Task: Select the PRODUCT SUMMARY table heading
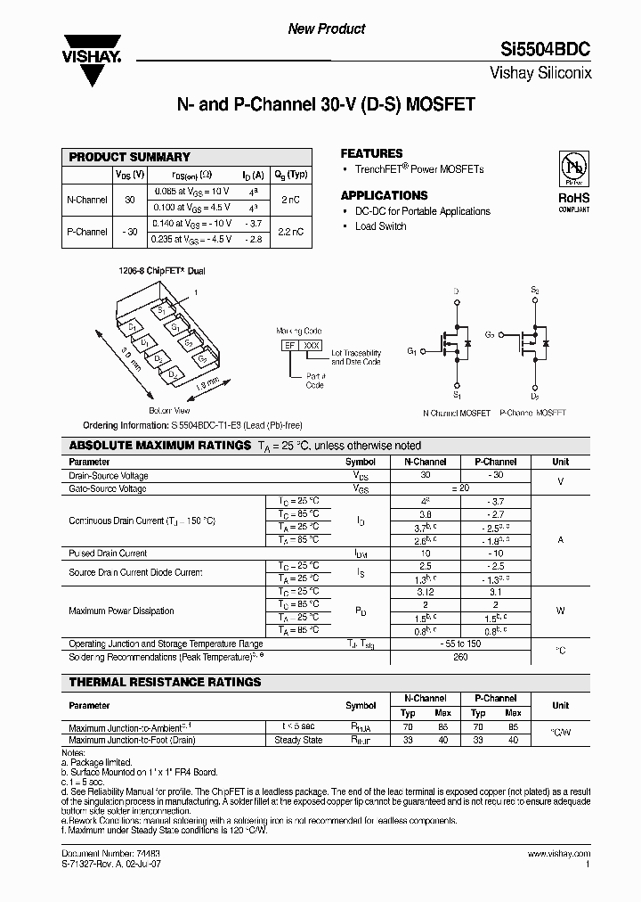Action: coord(130,157)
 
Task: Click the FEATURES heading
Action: coord(371,153)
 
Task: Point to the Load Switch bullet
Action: coord(380,226)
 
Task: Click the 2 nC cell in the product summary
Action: coord(290,200)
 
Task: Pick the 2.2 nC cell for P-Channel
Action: coord(290,231)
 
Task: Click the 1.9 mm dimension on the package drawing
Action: coord(206,383)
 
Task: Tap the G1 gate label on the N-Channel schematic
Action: coord(412,351)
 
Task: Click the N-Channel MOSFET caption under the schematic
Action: coord(456,414)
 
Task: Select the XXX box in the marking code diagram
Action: coord(312,344)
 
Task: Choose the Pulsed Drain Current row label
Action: coord(108,553)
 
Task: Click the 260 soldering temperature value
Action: coord(460,657)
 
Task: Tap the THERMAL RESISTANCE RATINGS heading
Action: coord(165,682)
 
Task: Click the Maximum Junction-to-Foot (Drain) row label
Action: coord(132,740)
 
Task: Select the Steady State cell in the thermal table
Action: coord(298,740)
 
